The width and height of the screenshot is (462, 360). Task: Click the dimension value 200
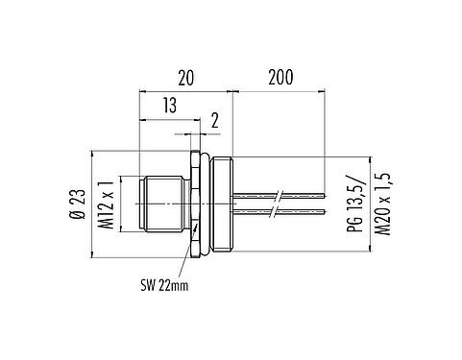coord(279,76)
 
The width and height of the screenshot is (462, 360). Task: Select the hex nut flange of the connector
coord(196,204)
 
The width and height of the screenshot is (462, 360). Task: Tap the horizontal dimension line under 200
coord(279,91)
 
